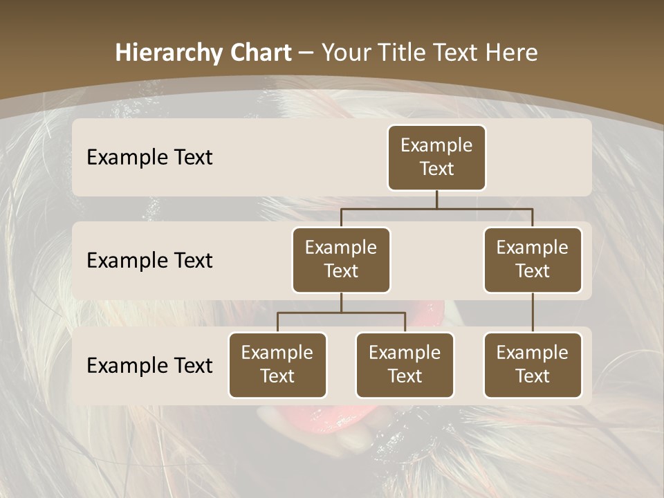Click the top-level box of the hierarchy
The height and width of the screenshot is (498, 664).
coord(436,157)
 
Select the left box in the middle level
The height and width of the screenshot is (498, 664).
coord(341,259)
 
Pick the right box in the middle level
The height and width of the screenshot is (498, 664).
coord(533,259)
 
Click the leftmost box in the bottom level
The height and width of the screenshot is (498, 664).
coord(277,365)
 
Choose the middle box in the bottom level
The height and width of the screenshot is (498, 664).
coord(405,365)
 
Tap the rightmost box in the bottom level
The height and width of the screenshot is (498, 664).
coord(533,365)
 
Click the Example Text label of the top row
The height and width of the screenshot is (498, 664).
coord(149,157)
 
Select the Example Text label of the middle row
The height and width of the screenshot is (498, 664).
coord(149,260)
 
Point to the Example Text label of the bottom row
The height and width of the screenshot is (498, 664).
coord(149,365)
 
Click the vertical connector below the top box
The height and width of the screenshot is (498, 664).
coord(436,199)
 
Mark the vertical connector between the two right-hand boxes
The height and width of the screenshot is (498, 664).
coord(533,313)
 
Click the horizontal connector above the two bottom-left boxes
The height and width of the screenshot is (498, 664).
coord(341,313)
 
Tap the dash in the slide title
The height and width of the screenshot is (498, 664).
coord(304,53)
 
